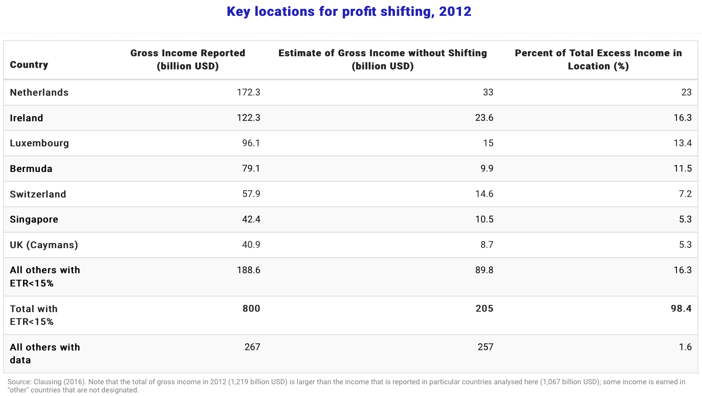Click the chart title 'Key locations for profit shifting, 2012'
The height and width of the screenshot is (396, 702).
click(349, 12)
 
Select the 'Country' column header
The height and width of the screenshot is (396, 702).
click(29, 65)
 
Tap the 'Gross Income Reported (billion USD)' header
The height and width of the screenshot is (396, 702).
click(188, 59)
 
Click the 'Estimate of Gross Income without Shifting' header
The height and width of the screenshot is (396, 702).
click(382, 59)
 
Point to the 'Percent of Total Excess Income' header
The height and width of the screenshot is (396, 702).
click(598, 59)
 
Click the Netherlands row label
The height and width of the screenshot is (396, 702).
click(39, 93)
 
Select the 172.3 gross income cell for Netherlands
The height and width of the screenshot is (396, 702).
click(249, 93)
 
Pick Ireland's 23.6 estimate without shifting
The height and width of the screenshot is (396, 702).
click(484, 118)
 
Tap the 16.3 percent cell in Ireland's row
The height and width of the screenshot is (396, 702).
click(683, 118)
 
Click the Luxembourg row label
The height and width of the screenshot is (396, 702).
click(39, 143)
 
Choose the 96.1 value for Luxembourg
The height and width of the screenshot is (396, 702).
click(251, 143)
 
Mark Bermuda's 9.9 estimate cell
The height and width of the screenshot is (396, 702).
click(486, 169)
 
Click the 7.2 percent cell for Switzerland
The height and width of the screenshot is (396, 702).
click(685, 194)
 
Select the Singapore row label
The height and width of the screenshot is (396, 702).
click(34, 219)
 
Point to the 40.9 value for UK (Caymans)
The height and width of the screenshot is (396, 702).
click(251, 245)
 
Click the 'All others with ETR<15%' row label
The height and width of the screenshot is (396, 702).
click(45, 276)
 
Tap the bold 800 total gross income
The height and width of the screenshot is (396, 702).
click(251, 309)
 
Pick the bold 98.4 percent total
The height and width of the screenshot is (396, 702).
click(682, 309)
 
